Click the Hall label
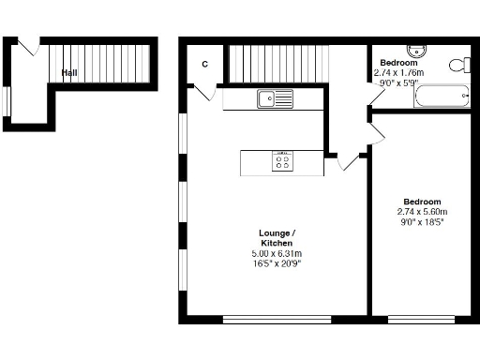tap(69, 72)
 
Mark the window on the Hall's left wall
tap(6, 101)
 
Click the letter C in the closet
tap(204, 64)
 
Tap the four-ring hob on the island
tap(282, 163)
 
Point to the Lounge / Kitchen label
tap(277, 238)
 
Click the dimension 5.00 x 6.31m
tap(277, 253)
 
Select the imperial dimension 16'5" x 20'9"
tap(277, 263)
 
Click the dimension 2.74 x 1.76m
tap(398, 71)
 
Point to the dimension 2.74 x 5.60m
tap(422, 212)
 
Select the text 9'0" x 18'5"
tap(421, 222)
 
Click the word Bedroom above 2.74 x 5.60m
tap(422, 202)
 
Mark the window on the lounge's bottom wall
tap(277, 319)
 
